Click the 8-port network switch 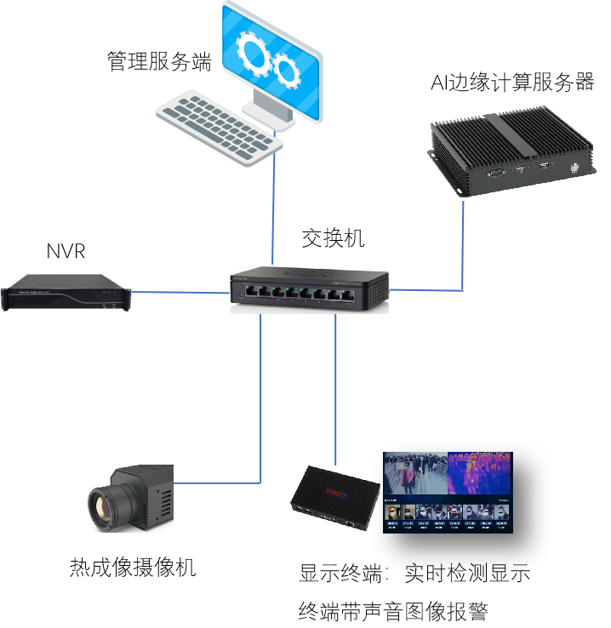coord(310,288)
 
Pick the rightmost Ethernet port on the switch coord(347,294)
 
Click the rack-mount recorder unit coord(66,292)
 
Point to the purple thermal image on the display coord(480,472)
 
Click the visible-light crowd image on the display coord(415,473)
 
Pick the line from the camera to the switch coord(260,400)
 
